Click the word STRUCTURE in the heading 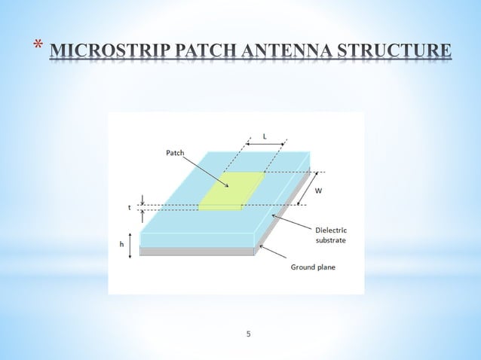(397, 52)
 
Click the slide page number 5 (248, 332)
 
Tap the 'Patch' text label (174, 153)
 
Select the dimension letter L (265, 136)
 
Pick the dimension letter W (318, 191)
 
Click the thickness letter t (130, 206)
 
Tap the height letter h (121, 245)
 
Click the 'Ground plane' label (313, 267)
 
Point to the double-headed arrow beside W (308, 187)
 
